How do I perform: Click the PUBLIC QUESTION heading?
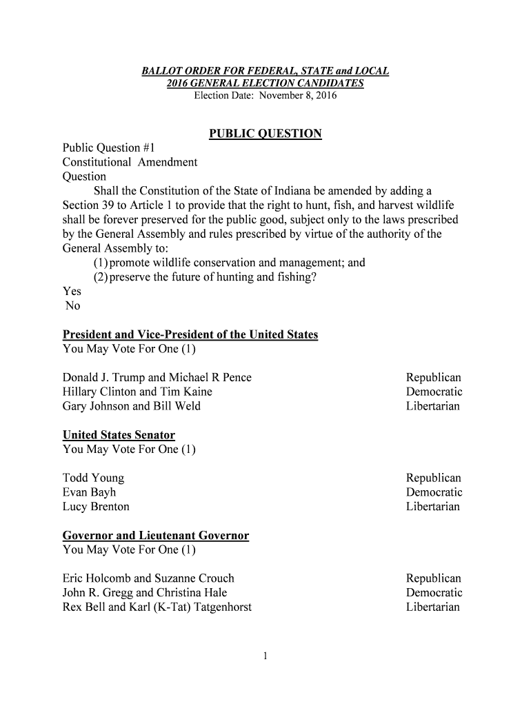point(265,134)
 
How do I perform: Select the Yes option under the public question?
point(72,292)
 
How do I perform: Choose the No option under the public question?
point(72,306)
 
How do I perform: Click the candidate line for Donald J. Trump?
point(157,378)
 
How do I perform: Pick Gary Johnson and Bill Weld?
point(132,407)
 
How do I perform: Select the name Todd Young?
point(94,478)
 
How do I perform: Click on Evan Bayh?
point(90,493)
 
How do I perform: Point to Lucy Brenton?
point(96,507)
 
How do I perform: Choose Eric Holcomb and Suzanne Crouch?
point(148,578)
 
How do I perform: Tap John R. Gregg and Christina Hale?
point(145,593)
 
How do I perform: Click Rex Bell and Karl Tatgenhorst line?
point(157,607)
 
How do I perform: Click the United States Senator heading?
point(119,436)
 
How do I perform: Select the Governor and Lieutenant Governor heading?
point(156,536)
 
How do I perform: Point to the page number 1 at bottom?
point(265,656)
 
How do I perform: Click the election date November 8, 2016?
point(265,95)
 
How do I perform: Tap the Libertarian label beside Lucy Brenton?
point(433,507)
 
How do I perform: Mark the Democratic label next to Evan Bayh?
point(434,493)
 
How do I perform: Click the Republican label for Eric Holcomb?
point(434,578)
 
